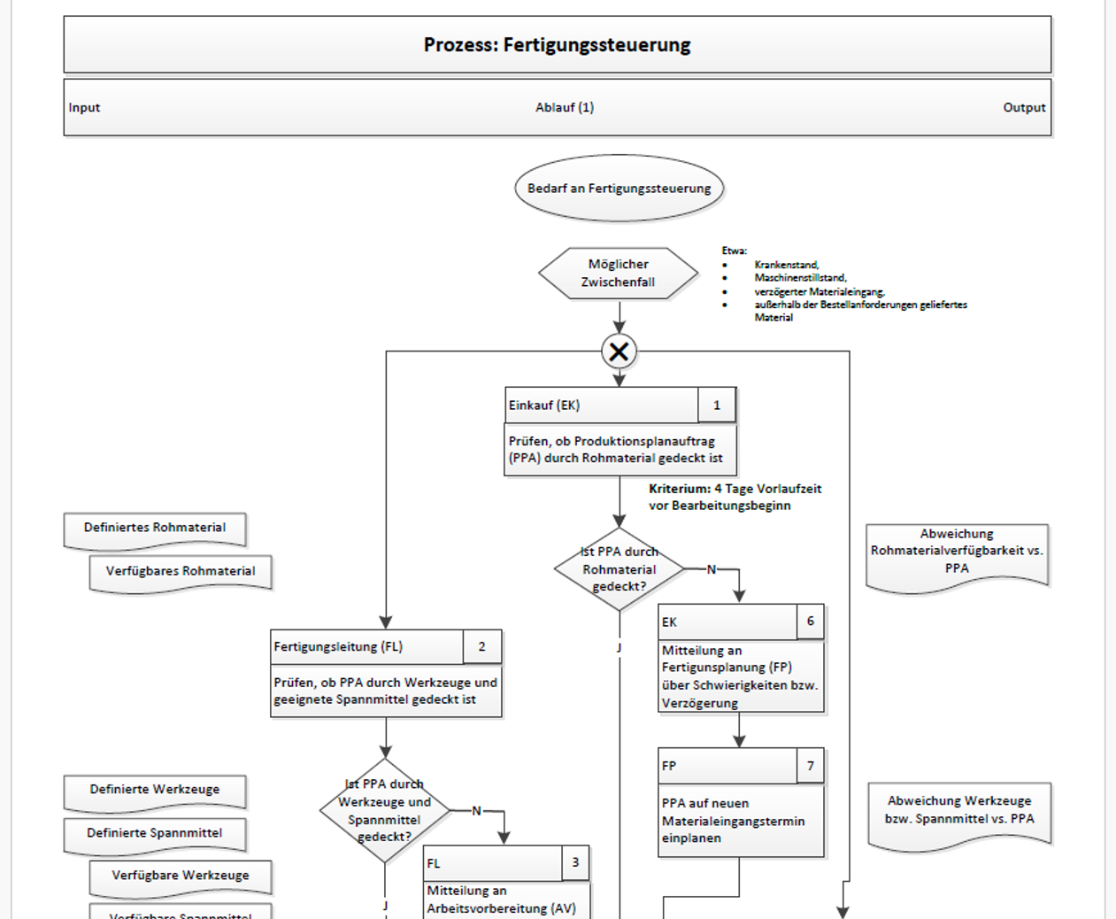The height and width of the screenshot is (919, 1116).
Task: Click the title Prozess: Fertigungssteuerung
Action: coord(557,45)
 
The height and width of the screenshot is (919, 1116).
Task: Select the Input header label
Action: coord(84,107)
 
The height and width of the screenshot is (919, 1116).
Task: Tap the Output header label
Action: coord(1024,107)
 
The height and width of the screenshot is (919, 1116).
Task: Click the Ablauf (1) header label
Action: coord(565,107)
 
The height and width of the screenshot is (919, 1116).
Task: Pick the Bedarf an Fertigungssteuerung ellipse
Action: coord(620,188)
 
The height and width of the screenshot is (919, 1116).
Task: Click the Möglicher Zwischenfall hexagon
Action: coord(619,274)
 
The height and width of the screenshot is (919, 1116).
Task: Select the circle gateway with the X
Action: coord(620,351)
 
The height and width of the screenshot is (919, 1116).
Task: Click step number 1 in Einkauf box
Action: coord(717,405)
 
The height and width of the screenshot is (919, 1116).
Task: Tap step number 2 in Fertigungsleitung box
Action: coord(481,646)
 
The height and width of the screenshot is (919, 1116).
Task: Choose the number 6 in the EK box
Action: coord(810,621)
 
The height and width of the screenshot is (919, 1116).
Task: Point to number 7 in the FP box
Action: coord(810,766)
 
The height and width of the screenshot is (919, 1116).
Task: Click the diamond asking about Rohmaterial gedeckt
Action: coord(620,569)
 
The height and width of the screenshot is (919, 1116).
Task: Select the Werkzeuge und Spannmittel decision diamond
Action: coord(385,810)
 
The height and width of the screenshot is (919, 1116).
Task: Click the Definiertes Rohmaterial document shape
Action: coord(155,530)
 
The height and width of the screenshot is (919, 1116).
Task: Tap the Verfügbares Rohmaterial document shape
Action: coord(181,574)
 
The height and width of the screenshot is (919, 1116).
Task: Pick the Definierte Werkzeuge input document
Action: coord(155,792)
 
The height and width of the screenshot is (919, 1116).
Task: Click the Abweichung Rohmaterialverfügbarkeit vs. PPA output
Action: coord(957,556)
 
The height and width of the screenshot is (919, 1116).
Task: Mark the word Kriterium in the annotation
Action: coord(680,489)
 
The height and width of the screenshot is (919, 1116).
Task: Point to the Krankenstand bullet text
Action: coord(787,265)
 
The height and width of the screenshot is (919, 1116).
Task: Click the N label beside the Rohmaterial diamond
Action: coord(712,569)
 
